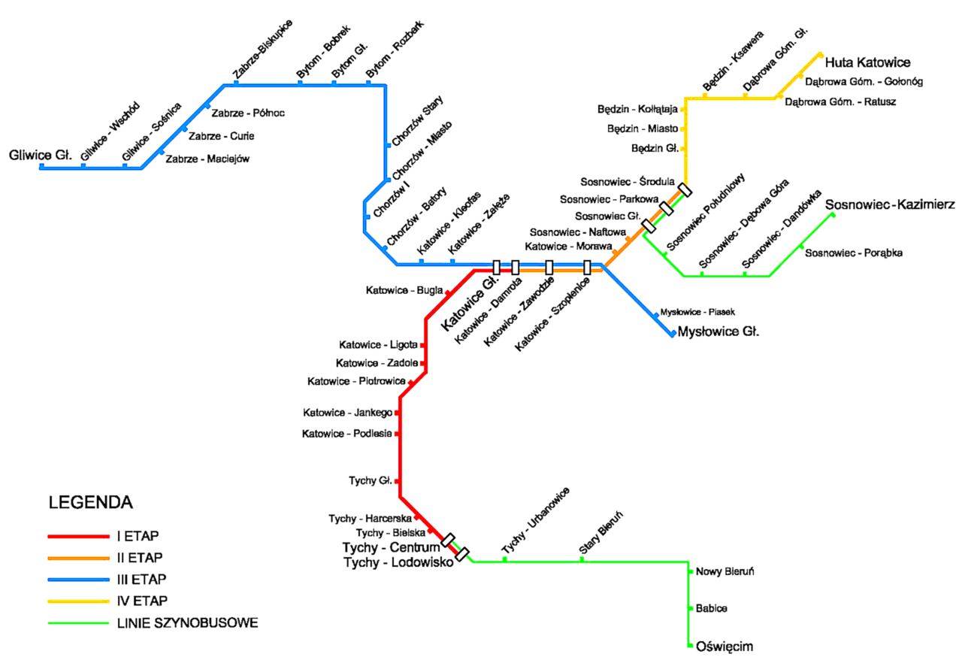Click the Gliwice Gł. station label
(x=40, y=156)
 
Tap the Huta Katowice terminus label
(x=868, y=62)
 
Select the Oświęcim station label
(x=725, y=646)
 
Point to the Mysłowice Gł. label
(x=718, y=331)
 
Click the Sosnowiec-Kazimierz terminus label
(x=890, y=204)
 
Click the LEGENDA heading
(x=90, y=502)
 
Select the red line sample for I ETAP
(x=79, y=537)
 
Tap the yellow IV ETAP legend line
(x=79, y=601)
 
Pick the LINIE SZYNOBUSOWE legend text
(x=187, y=623)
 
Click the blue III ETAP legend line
(x=79, y=580)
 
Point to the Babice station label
(x=712, y=608)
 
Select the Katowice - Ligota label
(x=378, y=345)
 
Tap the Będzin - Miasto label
(x=643, y=129)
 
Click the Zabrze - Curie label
(x=221, y=136)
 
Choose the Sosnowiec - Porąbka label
(x=853, y=253)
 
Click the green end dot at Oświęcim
(x=689, y=646)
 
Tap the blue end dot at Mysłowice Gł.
(x=673, y=335)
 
